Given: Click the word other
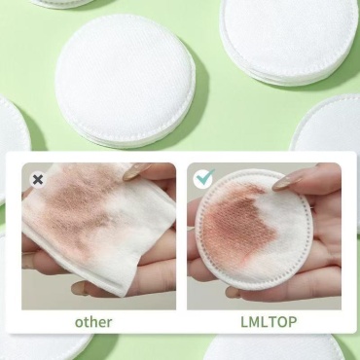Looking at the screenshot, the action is click(x=93, y=322).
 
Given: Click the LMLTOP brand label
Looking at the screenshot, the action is click(x=269, y=322).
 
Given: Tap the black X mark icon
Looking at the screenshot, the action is click(x=38, y=179).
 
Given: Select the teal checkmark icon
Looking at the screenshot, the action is click(x=203, y=178).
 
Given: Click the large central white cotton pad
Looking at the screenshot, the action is click(x=126, y=81).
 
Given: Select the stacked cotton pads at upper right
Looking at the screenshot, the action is click(x=289, y=41).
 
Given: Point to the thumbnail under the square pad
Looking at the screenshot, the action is click(x=80, y=288).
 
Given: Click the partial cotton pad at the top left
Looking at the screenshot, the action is click(x=61, y=3).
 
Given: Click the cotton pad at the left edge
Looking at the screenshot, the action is click(x=13, y=129).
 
